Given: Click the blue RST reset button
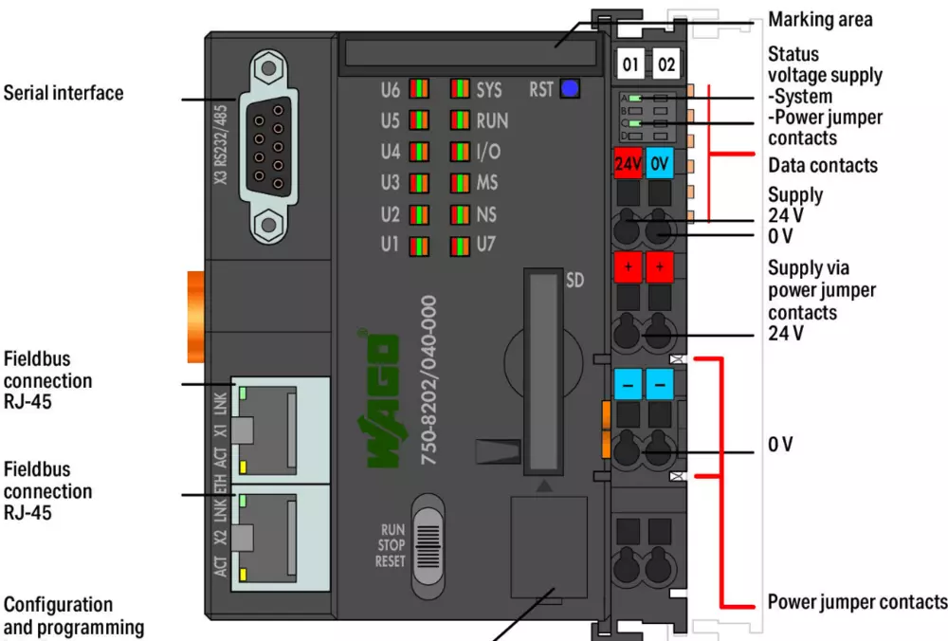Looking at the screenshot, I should click(x=570, y=89).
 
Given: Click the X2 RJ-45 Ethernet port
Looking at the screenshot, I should click(x=283, y=538).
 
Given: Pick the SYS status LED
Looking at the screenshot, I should click(x=461, y=91).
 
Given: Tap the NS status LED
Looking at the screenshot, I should click(x=461, y=213).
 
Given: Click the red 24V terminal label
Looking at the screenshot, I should click(x=628, y=163).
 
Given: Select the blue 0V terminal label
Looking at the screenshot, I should click(x=660, y=163).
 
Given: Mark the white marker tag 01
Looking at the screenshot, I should click(x=630, y=64).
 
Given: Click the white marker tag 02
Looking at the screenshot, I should click(x=666, y=64).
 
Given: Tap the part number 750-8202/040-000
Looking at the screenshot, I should click(x=428, y=379).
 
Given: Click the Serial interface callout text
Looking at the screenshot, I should click(x=64, y=93).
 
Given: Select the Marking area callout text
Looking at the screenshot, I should click(x=820, y=19).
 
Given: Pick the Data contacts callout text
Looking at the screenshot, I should click(x=823, y=165).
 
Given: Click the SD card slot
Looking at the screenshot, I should click(x=542, y=370).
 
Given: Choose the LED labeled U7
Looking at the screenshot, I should click(x=461, y=245).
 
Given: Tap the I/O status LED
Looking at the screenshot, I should click(x=461, y=152).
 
